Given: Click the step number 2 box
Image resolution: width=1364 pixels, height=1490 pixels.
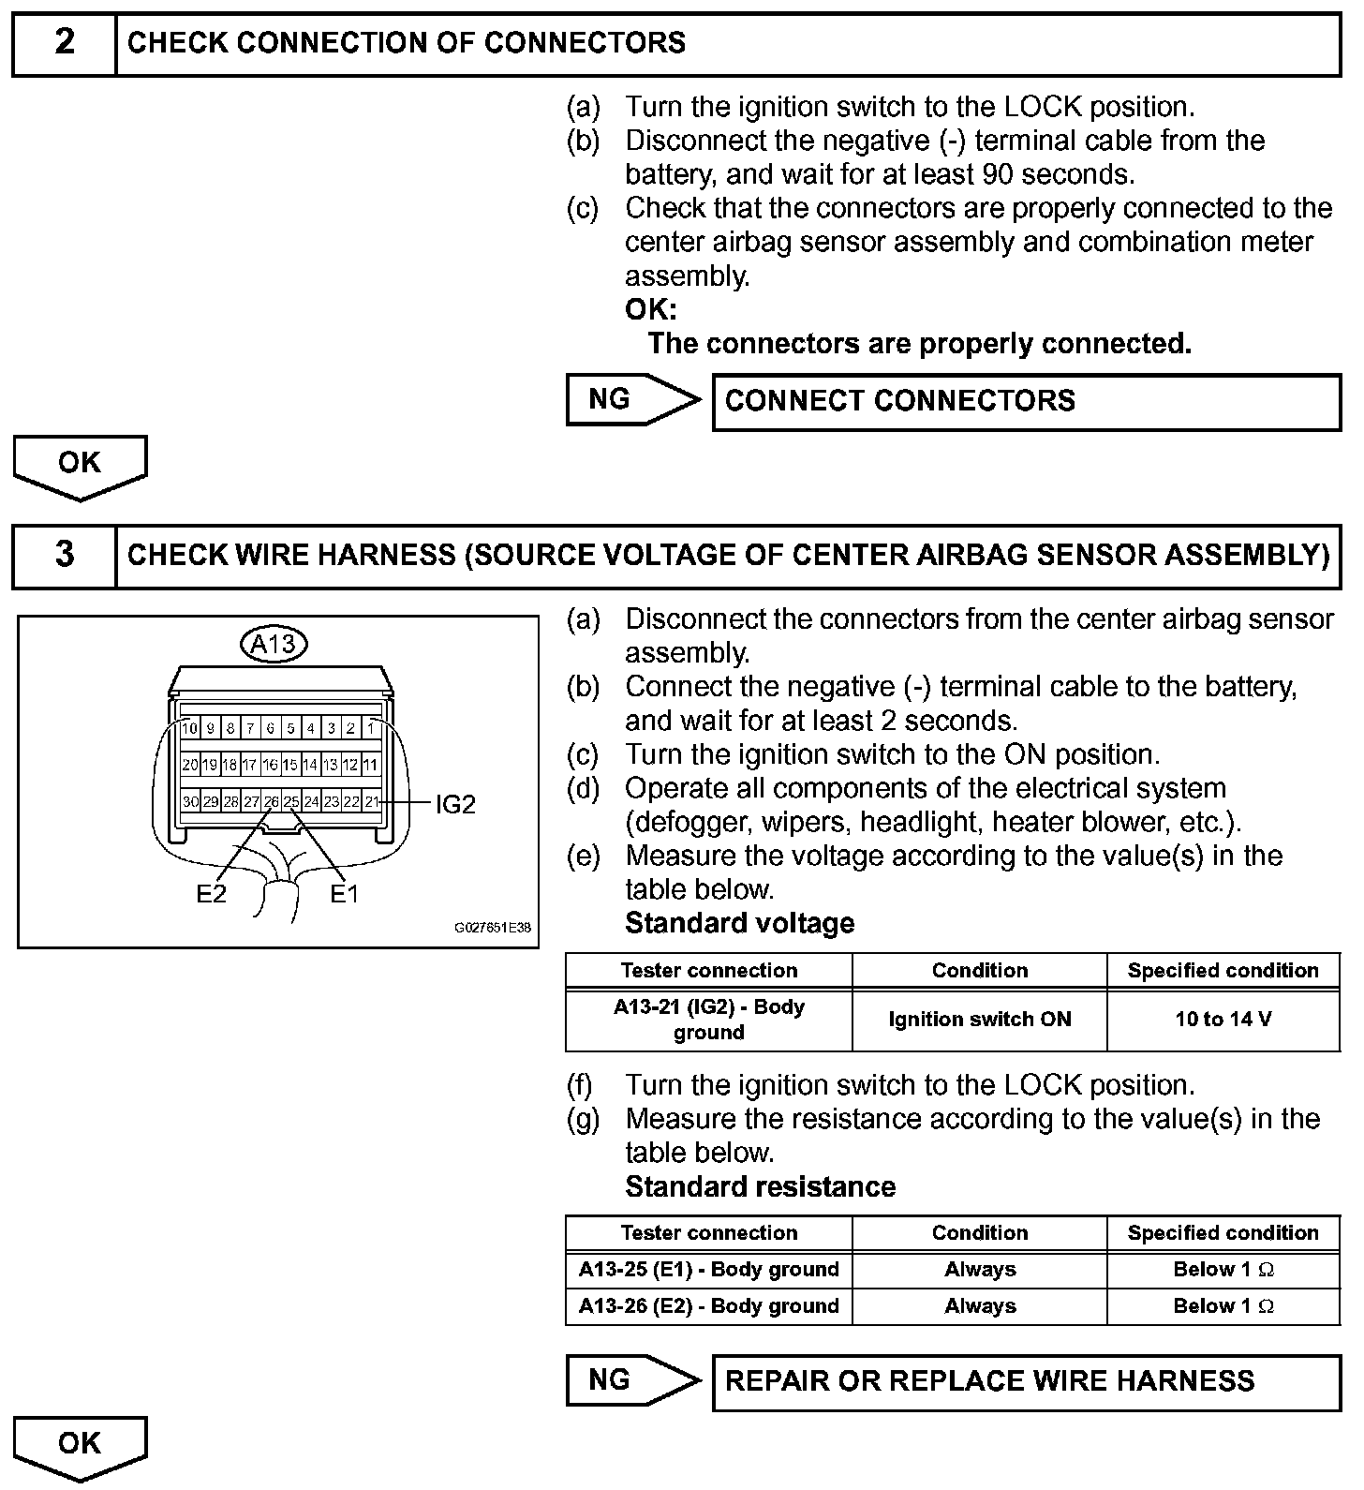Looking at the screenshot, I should [x=64, y=43].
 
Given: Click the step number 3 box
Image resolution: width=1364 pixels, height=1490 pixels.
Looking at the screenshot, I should [x=64, y=555].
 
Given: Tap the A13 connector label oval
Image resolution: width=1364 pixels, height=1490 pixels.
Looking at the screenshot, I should [x=274, y=644].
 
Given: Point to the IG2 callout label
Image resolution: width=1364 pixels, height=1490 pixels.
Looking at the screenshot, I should [x=455, y=804].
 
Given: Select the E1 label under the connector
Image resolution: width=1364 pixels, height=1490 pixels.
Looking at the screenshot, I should [x=344, y=894].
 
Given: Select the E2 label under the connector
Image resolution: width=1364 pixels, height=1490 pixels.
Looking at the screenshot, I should [x=211, y=894].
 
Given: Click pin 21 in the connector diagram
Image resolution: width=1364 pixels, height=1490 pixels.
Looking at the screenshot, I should [x=372, y=801].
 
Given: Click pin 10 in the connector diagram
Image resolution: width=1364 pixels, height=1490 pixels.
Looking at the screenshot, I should [x=190, y=728].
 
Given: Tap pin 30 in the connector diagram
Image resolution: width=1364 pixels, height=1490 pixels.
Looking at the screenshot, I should [x=190, y=801].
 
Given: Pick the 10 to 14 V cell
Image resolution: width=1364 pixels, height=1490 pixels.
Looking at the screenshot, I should [x=1223, y=1020].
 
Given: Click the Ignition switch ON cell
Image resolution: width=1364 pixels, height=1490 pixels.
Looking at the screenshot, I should [x=979, y=1020].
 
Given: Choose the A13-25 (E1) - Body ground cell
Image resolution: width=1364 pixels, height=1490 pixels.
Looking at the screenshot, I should [x=708, y=1270].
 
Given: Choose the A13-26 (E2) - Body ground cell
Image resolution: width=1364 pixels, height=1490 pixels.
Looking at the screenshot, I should [x=708, y=1306].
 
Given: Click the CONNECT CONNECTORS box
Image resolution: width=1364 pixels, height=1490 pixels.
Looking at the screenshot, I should [x=1026, y=402].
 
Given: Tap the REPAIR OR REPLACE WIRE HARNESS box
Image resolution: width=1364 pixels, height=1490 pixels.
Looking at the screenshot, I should [x=1026, y=1381].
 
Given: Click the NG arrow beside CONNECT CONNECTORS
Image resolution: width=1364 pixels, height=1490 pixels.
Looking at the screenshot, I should [x=631, y=400].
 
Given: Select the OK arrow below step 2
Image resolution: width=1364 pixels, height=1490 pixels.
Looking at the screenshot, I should [x=80, y=465].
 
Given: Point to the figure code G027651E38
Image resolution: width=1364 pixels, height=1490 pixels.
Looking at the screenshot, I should [x=493, y=928].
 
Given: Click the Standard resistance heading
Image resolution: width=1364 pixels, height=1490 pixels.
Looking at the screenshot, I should [x=760, y=1187].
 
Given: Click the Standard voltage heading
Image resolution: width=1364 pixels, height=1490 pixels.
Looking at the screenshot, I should [x=739, y=924].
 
